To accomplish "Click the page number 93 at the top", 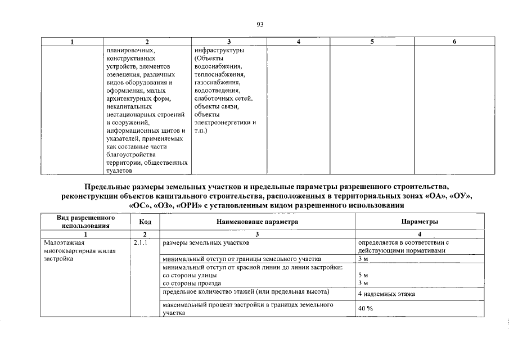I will click(260, 24).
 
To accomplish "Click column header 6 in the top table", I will click(454, 42).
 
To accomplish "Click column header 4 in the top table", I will click(298, 42).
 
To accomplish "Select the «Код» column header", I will click(145, 222).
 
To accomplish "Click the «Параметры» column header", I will click(420, 222).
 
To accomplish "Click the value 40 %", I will click(366, 309).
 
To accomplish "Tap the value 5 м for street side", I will click(363, 276).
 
